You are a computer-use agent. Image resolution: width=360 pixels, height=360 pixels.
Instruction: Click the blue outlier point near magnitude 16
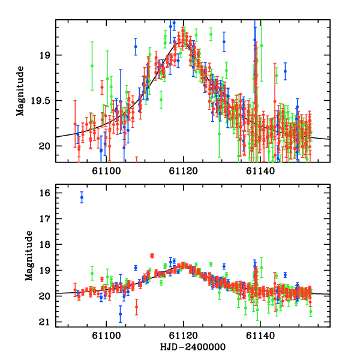pos(82,197)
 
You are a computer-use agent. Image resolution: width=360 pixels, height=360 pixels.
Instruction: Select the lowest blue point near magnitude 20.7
pos(120,313)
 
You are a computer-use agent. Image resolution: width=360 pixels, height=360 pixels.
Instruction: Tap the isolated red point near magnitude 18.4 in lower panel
pos(152,256)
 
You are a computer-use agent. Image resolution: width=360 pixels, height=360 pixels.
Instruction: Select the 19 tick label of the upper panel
pos(47,55)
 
